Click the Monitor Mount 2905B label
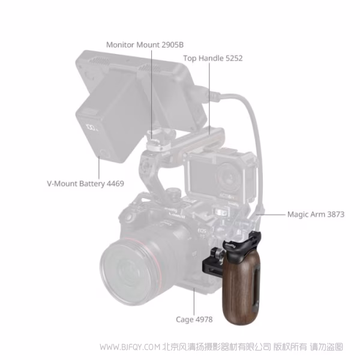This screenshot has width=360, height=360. coord(145,45)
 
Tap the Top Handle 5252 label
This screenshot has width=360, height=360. coord(213,58)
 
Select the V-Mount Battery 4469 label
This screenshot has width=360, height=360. coord(85,184)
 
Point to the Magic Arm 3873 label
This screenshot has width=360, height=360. coord(316,214)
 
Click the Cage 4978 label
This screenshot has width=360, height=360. coord(194,319)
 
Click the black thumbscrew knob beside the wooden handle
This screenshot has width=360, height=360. coord(219,254)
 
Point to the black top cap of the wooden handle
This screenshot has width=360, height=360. coord(244,245)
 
